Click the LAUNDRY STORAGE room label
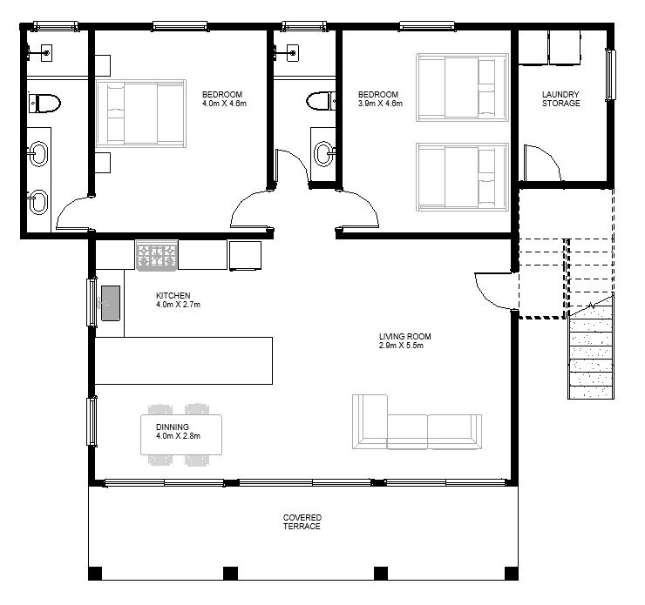[x=560, y=99]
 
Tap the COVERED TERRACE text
[x=302, y=521]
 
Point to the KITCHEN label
[x=173, y=295]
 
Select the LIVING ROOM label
[x=405, y=336]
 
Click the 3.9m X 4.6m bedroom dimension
[x=380, y=104]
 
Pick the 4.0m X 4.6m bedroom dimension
[x=224, y=104]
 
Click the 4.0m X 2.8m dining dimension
[x=178, y=436]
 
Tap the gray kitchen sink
[x=111, y=303]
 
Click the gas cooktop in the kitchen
[x=157, y=255]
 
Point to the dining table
[x=181, y=434]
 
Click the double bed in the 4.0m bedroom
[x=140, y=113]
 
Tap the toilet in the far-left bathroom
[x=44, y=103]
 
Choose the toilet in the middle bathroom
[x=321, y=101]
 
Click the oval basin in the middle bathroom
[x=323, y=154]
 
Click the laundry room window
[x=610, y=74]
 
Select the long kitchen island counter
[x=184, y=360]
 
